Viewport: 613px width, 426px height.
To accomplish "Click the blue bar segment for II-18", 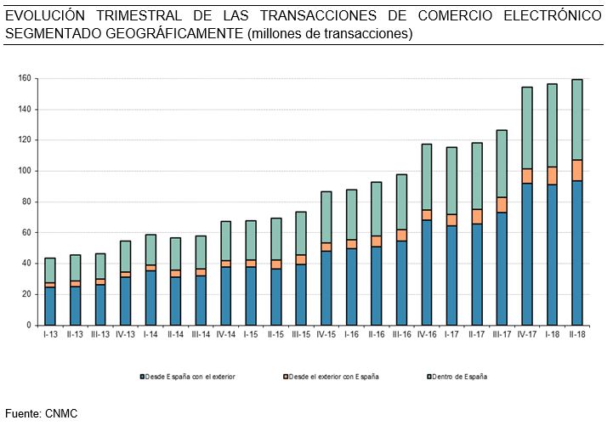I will (x=577, y=253).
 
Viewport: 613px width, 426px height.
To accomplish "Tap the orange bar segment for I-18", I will (x=552, y=175).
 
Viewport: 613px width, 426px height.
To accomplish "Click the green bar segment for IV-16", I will (x=427, y=177).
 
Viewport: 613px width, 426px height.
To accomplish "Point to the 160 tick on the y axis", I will (x=25, y=78).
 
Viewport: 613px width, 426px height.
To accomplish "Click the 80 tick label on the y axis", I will (x=26, y=202).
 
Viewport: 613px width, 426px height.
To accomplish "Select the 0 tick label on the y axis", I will (x=29, y=325).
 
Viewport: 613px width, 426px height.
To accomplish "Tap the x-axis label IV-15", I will (x=326, y=334).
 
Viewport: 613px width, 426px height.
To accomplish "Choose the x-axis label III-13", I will (x=100, y=334).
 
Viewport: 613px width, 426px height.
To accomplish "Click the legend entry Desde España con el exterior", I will (x=188, y=375).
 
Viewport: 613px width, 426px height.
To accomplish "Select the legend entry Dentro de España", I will (x=460, y=375).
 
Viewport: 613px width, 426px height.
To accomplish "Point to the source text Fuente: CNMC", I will (x=41, y=413).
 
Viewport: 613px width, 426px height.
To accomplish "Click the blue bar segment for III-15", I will (x=301, y=294).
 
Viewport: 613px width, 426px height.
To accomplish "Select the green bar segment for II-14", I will (x=175, y=253).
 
